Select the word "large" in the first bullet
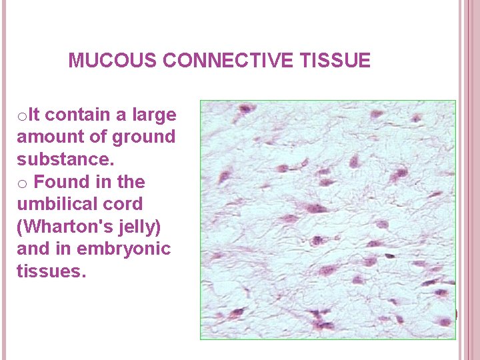coord(155,115)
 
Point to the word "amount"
coord(44,137)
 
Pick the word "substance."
coord(65,160)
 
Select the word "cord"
coord(125,204)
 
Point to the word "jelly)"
coord(139,227)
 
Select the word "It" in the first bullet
coord(34,115)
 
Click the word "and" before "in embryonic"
coord(32,249)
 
